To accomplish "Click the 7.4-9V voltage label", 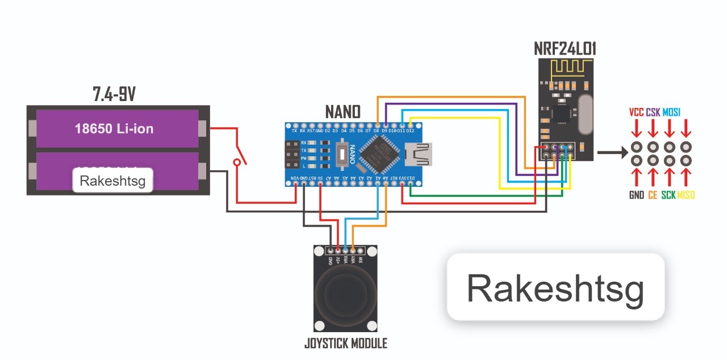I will point(114,94).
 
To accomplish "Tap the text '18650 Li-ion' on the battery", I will point(114,129).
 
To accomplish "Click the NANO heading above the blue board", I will point(342,111).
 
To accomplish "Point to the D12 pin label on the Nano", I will point(411,131).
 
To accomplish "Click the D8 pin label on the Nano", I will point(377,131).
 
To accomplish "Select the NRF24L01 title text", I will point(565,48).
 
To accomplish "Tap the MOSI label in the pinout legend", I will point(671,112).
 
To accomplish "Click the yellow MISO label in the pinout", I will point(686,195).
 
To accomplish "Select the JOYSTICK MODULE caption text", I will point(345,343).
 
